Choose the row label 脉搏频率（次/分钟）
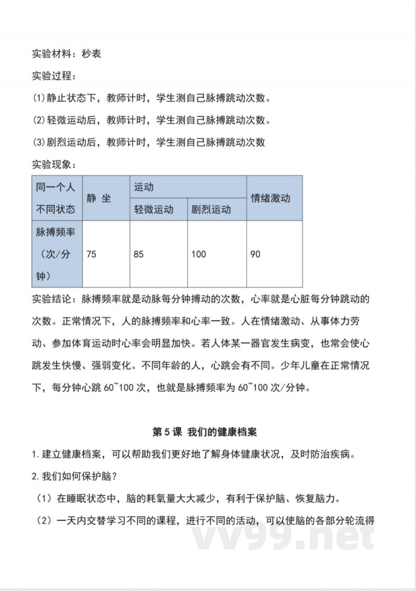(x=56, y=254)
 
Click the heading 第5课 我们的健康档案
(x=205, y=432)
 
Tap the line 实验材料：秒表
(x=67, y=54)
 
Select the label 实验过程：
(x=54, y=76)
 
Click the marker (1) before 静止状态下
(x=40, y=98)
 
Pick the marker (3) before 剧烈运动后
(x=40, y=142)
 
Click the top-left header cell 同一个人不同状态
(x=56, y=198)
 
